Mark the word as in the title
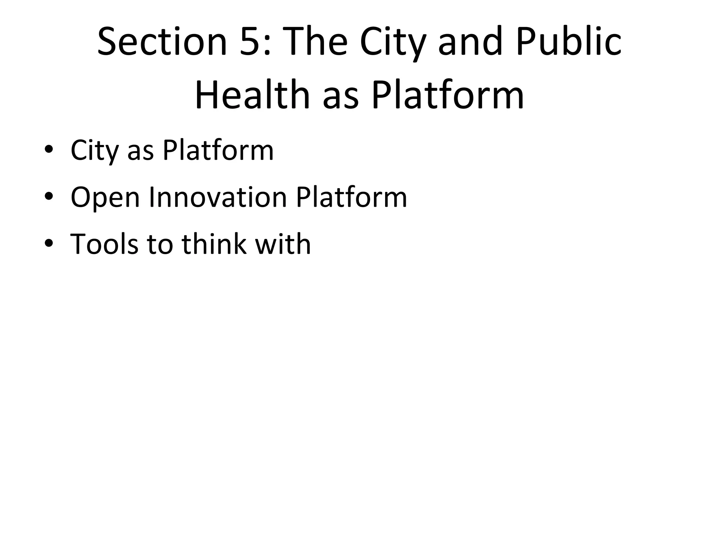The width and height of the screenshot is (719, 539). coord(341,97)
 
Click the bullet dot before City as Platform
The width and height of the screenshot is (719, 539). coord(49,150)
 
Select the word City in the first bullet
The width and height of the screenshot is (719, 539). coord(94,151)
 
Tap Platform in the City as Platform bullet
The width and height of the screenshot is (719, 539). coord(218,150)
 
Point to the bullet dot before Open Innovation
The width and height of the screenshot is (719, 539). coord(49,197)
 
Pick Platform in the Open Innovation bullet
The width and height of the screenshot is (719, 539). coord(351,197)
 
